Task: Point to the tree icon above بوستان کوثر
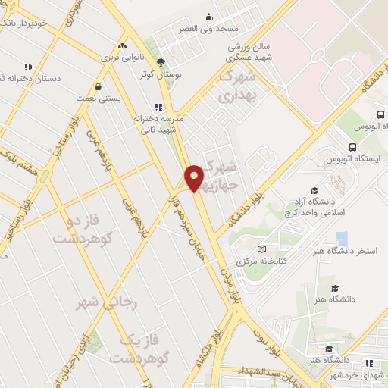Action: click(159, 62)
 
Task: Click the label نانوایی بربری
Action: click(123, 57)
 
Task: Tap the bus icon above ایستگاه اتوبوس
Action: click(352, 147)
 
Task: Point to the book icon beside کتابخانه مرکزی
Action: click(262, 249)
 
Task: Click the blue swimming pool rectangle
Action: click(342, 238)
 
